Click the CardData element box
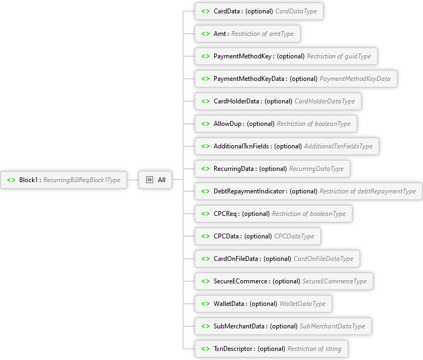pos(259,11)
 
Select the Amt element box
pos(247,34)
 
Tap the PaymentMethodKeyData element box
pos(296,79)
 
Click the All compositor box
pos(156,180)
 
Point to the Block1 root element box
pos(64,180)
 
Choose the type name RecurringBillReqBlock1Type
pos(81,180)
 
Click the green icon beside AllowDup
pos(206,124)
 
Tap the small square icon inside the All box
pos(149,180)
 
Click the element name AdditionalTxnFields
pos(243,146)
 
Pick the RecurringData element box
pos(272,169)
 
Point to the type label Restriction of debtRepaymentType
pos(367,191)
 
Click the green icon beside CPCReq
pos(206,214)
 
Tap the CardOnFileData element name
pos(237,259)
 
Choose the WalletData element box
pos(263,304)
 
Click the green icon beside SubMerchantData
pos(206,326)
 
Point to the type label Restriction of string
pos(314,349)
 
